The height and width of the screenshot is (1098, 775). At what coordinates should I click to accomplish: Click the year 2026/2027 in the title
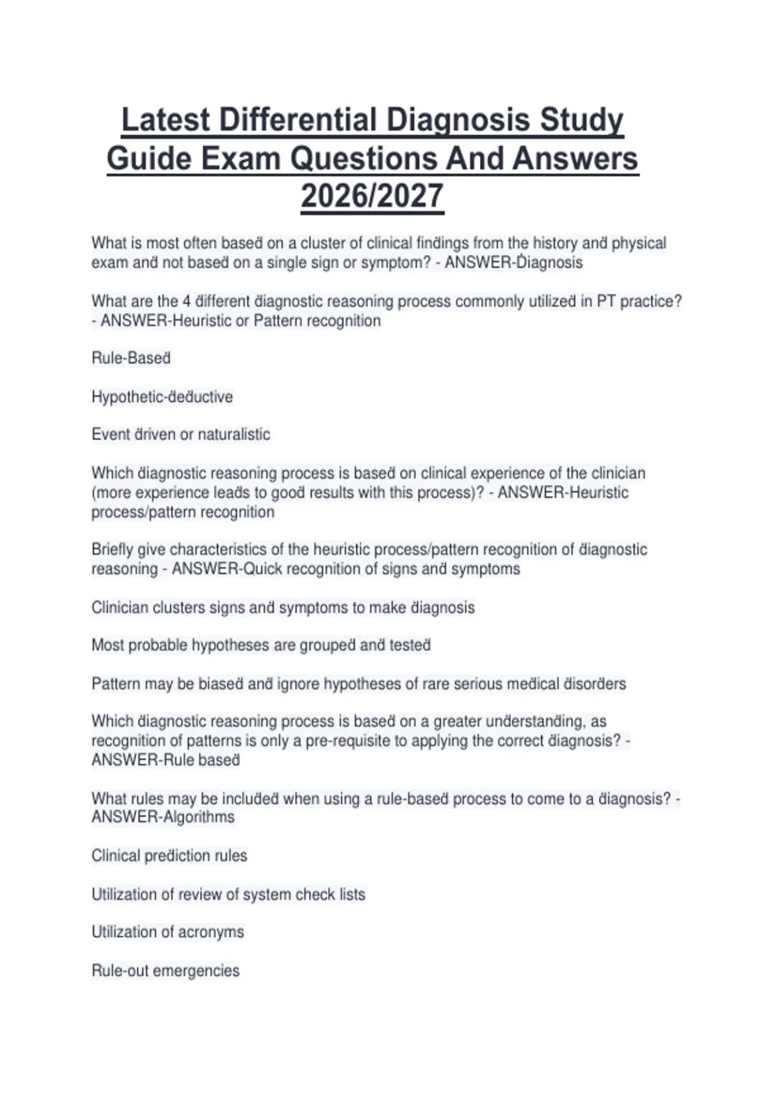click(372, 196)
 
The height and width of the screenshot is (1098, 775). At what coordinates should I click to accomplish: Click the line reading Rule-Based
click(131, 358)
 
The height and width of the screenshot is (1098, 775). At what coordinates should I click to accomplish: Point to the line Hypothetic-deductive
click(162, 397)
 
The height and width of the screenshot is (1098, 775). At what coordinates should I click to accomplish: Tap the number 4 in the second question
click(187, 301)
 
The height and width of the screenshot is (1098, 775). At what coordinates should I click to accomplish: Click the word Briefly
click(113, 550)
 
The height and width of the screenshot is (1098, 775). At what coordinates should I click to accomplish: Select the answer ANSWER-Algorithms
click(163, 817)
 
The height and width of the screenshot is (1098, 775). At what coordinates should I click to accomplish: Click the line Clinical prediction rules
click(169, 856)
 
